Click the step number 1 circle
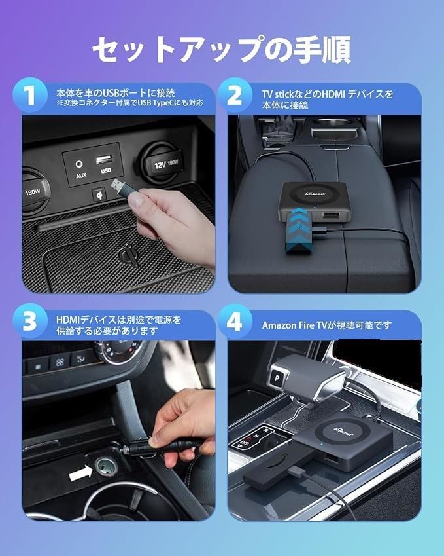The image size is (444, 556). point(29,95)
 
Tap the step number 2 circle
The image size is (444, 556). point(235,95)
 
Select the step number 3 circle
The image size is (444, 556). point(29,322)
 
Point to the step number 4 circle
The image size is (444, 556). point(235,322)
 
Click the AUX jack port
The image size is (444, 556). point(79,164)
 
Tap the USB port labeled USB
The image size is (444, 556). point(105,160)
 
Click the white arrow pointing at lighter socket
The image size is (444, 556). point(80,473)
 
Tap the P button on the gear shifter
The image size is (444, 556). point(276,378)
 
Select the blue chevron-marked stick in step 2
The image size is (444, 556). point(299,231)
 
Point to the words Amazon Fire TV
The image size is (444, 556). point(294,325)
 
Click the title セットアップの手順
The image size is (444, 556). point(222,49)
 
